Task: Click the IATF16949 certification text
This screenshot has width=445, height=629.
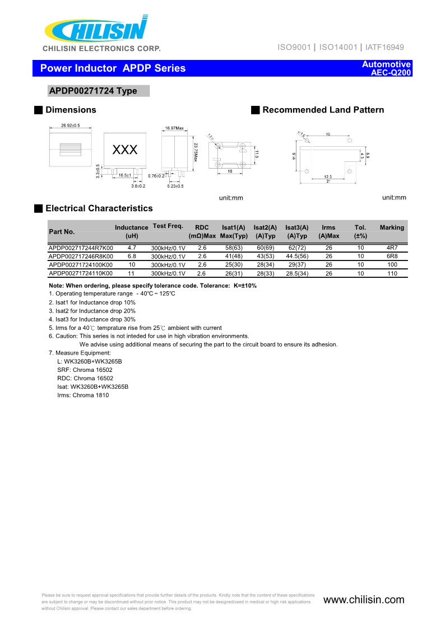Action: tap(384, 48)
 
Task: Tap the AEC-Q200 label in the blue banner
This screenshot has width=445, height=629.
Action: tap(387, 73)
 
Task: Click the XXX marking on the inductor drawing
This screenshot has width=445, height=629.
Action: tap(125, 150)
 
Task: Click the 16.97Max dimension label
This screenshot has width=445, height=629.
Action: tap(174, 128)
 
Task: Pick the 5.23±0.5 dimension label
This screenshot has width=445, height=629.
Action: tap(175, 186)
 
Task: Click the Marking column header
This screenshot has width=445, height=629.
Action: tap(392, 227)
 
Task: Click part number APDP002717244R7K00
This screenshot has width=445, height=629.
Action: tap(81, 248)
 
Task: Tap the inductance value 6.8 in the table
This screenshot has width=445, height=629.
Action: tap(132, 256)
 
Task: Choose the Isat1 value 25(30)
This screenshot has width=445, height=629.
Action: tap(234, 265)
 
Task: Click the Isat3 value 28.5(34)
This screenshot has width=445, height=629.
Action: tap(297, 274)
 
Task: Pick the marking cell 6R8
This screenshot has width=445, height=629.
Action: tap(392, 256)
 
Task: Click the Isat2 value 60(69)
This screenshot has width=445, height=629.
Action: tap(265, 248)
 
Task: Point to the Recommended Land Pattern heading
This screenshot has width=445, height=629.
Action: tap(323, 110)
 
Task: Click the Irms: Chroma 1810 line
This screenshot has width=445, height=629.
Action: tap(83, 395)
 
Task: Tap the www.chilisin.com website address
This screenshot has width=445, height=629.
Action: tap(364, 600)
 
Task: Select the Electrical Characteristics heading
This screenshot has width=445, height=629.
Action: tap(99, 208)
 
